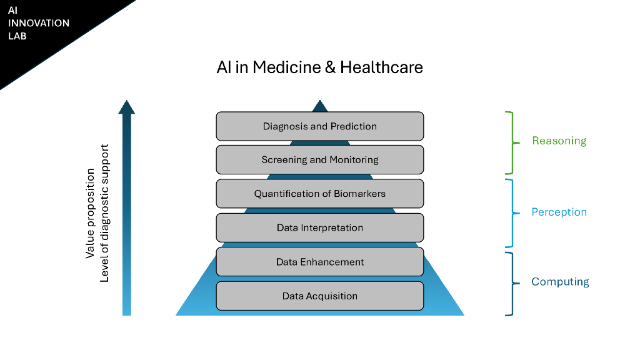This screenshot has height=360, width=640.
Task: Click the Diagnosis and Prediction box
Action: click(319, 126)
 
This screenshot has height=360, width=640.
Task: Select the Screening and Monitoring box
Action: click(319, 160)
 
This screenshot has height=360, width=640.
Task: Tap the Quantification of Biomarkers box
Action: click(319, 194)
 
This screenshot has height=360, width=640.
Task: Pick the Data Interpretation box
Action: click(319, 227)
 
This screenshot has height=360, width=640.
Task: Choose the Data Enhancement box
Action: click(319, 262)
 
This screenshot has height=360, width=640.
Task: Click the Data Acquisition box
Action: click(319, 296)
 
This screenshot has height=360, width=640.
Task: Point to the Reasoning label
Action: click(559, 141)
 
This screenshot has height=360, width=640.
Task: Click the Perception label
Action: click(559, 212)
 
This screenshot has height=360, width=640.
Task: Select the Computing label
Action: click(560, 282)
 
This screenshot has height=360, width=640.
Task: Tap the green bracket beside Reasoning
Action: click(512, 142)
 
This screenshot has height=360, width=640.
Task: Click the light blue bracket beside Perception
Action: click(512, 213)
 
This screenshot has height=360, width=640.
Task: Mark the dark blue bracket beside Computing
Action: click(512, 283)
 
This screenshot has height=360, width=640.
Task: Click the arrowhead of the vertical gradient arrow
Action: click(127, 107)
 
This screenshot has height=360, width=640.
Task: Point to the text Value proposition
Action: click(91, 213)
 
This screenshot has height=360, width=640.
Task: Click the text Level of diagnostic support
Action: click(104, 213)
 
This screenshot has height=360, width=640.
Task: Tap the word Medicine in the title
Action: click(287, 67)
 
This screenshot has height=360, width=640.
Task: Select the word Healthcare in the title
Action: click(381, 67)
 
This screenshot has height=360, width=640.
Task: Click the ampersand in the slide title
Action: click(331, 67)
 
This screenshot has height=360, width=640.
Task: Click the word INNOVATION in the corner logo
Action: click(39, 23)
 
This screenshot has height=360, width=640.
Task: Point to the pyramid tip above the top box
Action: click(320, 105)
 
